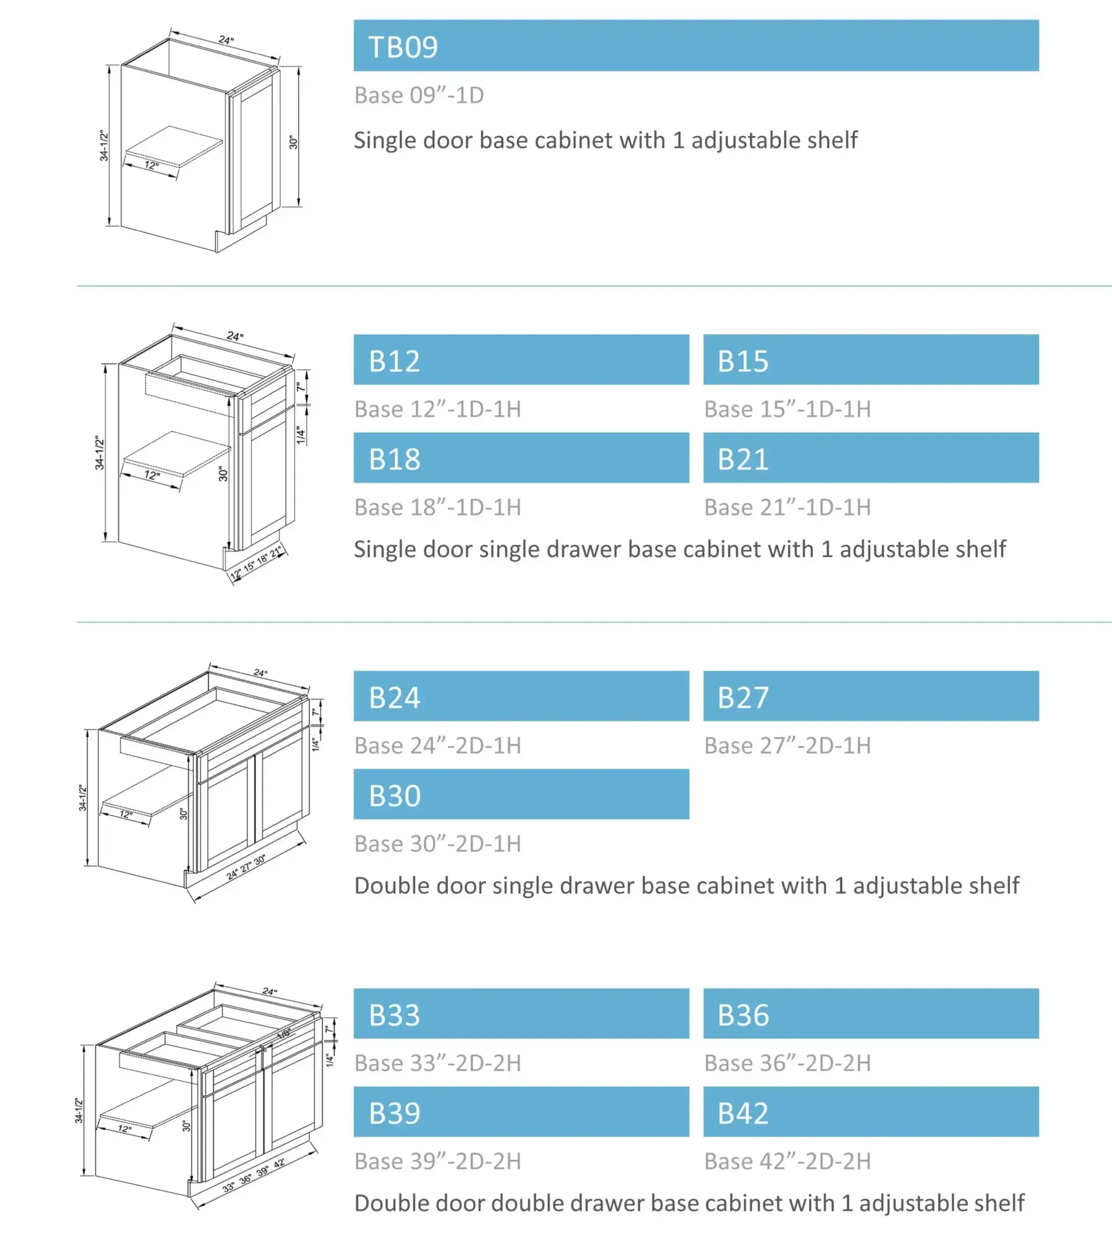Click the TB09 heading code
(x=403, y=47)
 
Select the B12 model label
(x=395, y=361)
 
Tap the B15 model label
(x=743, y=361)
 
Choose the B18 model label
(x=395, y=460)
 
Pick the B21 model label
(x=743, y=460)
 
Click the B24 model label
(x=395, y=698)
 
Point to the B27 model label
(x=743, y=698)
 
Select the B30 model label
(x=395, y=796)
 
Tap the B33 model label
(x=395, y=1015)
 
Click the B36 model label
(x=743, y=1015)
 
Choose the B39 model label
(x=395, y=1113)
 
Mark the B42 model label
(x=743, y=1113)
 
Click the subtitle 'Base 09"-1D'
(x=419, y=95)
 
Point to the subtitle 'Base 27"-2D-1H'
(x=787, y=745)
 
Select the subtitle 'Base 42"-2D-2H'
(x=787, y=1161)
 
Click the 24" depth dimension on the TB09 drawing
(x=226, y=40)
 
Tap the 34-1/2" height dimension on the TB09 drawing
(x=104, y=146)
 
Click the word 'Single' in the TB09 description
(x=384, y=140)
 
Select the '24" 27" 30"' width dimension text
(x=246, y=867)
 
